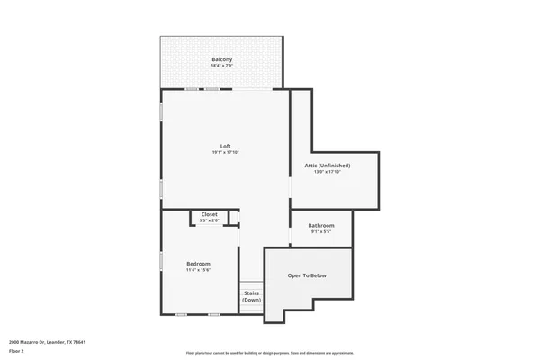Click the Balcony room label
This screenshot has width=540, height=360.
click(x=221, y=59)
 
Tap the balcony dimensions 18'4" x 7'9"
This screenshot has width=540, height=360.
click(x=221, y=66)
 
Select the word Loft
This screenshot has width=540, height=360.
click(x=226, y=146)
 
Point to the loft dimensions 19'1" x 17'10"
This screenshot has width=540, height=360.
click(x=226, y=152)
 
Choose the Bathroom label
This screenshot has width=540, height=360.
click(x=321, y=225)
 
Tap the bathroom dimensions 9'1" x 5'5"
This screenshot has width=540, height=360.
click(x=321, y=231)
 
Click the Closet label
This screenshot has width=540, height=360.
click(x=209, y=214)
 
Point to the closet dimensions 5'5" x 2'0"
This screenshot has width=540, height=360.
click(x=209, y=220)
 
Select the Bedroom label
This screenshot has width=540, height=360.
click(x=198, y=263)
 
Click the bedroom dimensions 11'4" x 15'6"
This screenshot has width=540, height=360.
click(x=198, y=269)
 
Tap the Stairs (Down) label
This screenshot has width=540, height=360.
click(x=251, y=296)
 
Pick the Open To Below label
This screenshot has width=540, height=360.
click(x=307, y=274)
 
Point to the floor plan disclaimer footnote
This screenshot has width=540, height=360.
click(x=270, y=353)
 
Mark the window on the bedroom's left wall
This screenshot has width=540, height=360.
click(x=161, y=260)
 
